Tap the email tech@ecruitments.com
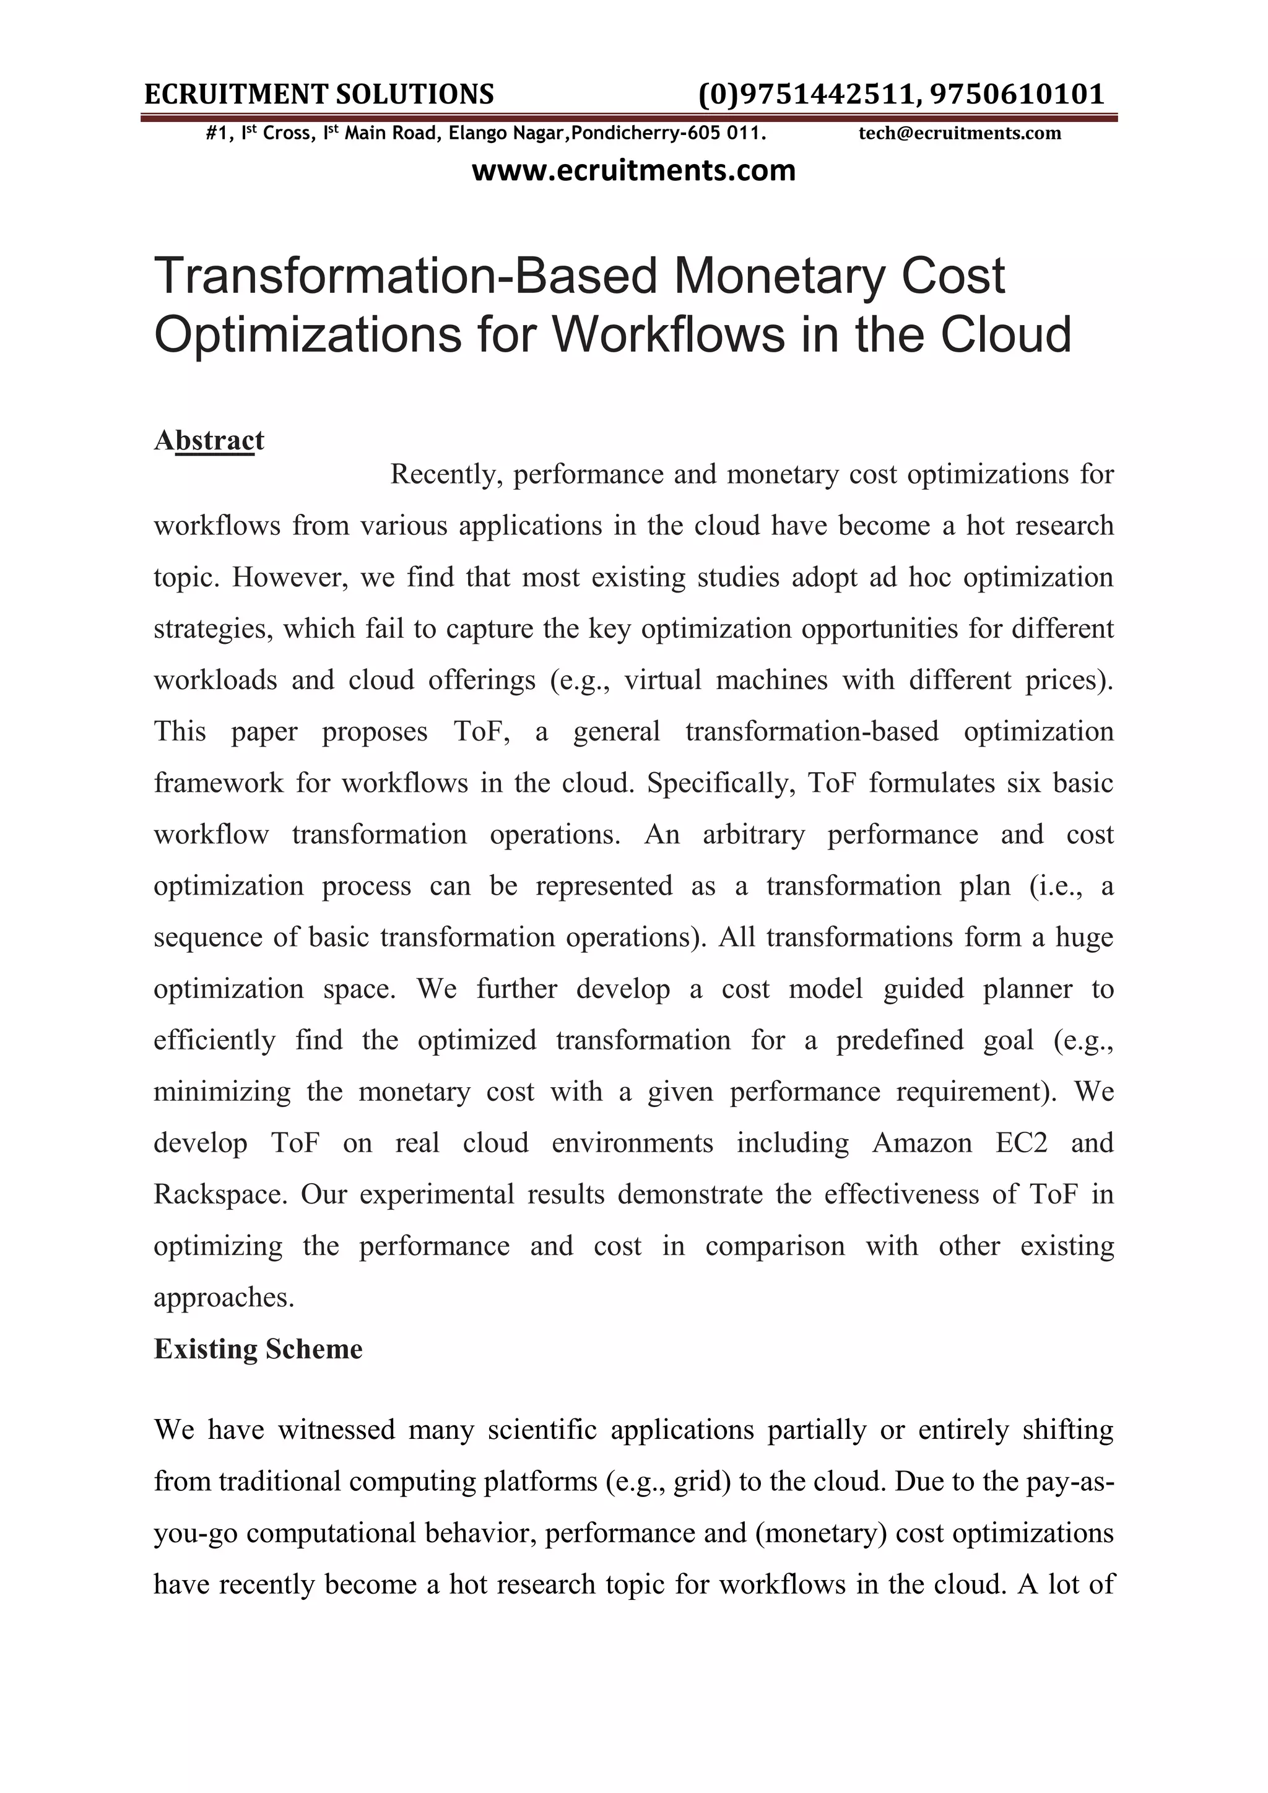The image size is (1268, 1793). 960,134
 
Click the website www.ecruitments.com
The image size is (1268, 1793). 633,170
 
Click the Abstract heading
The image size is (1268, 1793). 209,440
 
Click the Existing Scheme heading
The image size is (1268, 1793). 258,1348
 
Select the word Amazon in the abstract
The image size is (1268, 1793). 921,1142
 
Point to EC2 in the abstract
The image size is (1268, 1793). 1021,1142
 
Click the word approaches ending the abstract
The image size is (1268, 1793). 224,1297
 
